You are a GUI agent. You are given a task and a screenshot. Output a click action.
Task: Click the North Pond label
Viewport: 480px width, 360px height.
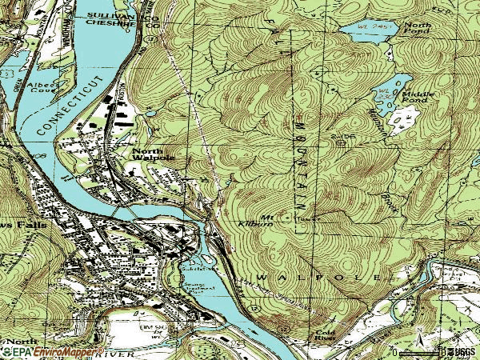tap(417, 30)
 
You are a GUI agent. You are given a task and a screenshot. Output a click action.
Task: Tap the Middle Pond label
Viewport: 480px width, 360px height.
tap(418, 97)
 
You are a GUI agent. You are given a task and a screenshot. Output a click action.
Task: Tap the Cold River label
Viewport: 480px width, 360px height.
tap(325, 336)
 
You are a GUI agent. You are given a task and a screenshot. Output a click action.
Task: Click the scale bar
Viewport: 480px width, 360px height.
tap(415, 351)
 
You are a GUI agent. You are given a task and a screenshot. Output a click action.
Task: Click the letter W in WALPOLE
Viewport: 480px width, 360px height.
tap(262, 275)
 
